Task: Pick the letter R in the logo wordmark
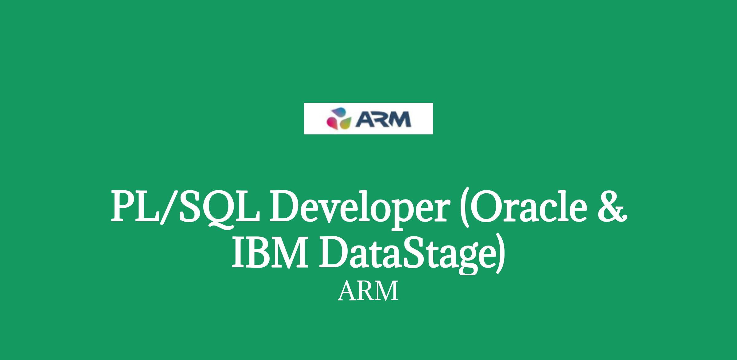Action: point(380,119)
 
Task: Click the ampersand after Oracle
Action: point(612,206)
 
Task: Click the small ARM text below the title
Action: point(368,291)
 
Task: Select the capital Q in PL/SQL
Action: point(212,209)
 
